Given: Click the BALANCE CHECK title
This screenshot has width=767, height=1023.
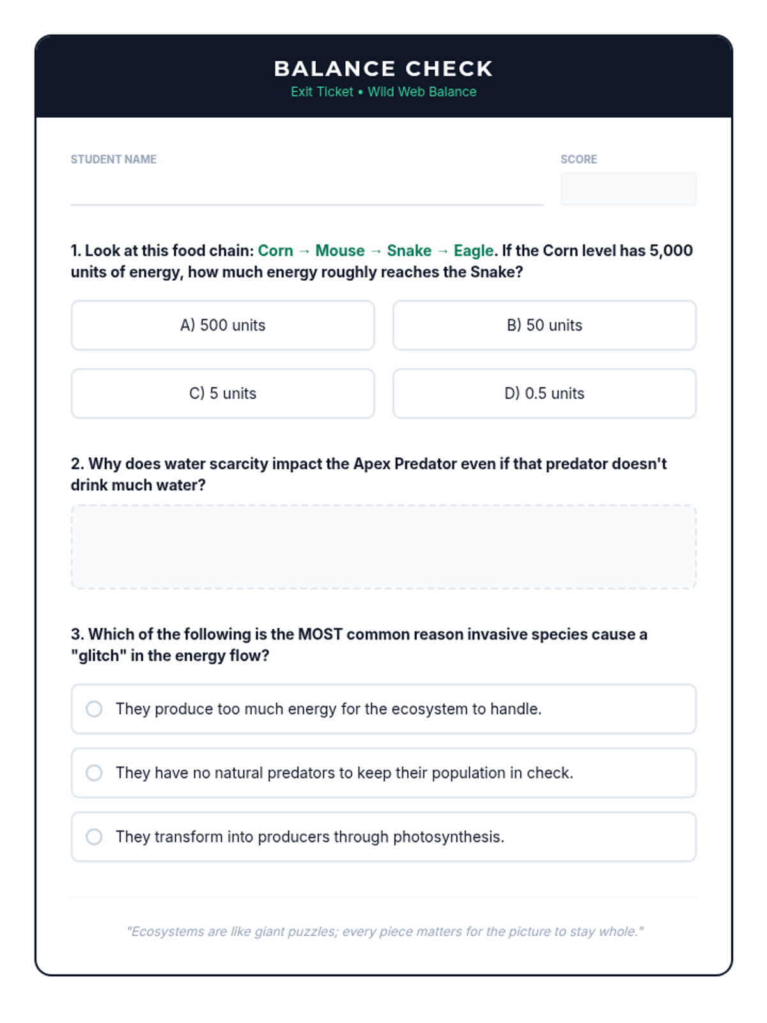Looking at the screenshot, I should [383, 68].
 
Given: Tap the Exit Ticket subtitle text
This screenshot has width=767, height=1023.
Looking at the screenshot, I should [383, 92].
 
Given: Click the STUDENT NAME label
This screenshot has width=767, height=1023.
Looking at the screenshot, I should [113, 159].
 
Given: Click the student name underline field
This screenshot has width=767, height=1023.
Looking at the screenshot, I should [307, 192].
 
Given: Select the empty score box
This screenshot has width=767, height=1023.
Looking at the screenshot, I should [628, 189].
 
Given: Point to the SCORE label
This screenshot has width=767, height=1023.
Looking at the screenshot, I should [578, 159].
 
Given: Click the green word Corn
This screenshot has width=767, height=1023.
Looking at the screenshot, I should [275, 251].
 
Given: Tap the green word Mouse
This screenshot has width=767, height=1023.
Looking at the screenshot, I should [340, 251].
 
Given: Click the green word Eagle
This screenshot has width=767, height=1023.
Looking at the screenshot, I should [473, 251].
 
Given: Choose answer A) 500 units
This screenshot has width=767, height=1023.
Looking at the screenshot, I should [222, 325].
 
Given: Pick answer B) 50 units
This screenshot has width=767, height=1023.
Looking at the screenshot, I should [544, 325].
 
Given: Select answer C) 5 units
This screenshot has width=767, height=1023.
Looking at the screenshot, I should [222, 393].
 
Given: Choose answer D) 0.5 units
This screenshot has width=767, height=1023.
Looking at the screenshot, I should [544, 393].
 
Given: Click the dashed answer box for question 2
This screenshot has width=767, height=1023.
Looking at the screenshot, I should [383, 547].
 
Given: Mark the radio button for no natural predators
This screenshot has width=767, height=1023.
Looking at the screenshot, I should [94, 773].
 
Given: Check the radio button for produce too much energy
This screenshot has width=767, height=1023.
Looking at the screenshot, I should [94, 709].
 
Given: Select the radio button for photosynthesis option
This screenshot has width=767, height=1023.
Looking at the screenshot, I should [94, 837].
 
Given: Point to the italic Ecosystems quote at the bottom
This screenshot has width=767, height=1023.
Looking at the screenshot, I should [385, 932].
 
